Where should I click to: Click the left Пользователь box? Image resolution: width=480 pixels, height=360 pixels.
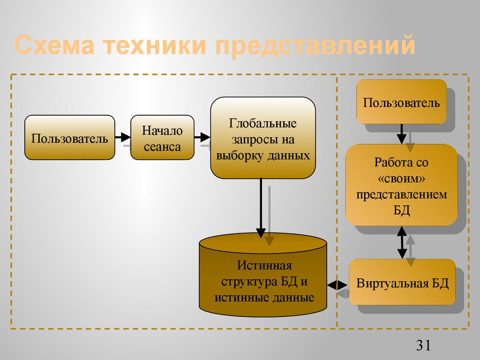(69, 137)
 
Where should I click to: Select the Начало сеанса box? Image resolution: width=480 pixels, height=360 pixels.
(162, 137)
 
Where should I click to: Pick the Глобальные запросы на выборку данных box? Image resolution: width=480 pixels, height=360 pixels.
(262, 138)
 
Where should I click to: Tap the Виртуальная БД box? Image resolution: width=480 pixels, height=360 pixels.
(402, 283)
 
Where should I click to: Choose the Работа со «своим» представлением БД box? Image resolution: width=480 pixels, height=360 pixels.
(401, 185)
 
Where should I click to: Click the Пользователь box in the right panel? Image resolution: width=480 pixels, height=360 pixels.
(401, 102)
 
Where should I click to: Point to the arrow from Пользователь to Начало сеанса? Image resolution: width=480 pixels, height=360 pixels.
(123, 137)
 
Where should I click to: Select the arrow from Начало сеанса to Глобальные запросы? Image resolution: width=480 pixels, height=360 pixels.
(202, 137)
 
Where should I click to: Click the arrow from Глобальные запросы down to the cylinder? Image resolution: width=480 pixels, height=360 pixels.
(261, 206)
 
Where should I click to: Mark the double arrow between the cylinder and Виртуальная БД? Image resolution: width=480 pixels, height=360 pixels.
(337, 285)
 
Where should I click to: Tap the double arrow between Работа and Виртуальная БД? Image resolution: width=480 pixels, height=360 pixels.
(402, 242)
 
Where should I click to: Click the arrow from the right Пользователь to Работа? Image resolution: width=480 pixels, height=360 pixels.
(401, 134)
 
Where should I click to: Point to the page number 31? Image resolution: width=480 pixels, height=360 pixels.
(423, 345)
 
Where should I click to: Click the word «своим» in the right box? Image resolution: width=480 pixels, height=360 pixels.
(402, 179)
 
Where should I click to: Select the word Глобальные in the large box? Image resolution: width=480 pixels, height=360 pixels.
(262, 124)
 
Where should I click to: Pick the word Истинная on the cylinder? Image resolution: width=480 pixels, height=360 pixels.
(264, 266)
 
